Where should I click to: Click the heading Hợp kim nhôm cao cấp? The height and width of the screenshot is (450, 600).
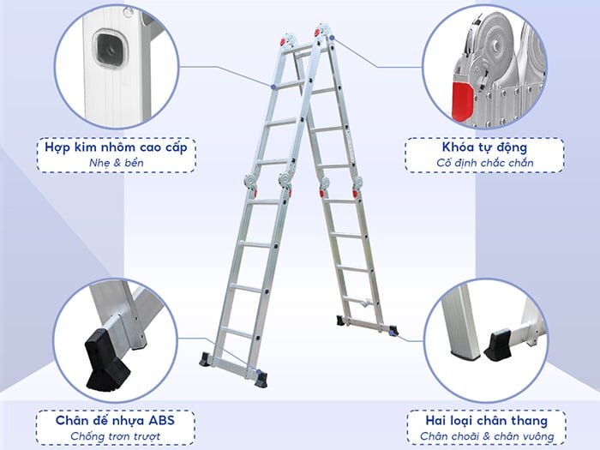[116, 147]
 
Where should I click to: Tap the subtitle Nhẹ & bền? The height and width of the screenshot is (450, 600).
[117, 163]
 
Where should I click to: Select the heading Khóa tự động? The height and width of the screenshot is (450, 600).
[484, 147]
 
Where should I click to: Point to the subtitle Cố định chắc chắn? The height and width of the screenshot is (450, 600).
[485, 163]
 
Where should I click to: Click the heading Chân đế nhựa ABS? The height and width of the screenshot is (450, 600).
[115, 420]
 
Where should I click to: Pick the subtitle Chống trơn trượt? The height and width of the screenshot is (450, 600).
[115, 436]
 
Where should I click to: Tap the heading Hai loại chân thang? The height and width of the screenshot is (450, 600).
[486, 421]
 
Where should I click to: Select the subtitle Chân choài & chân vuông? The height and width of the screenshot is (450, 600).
[487, 436]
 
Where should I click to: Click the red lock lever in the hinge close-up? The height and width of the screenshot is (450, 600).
[463, 101]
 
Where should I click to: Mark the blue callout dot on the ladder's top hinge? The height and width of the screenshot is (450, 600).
[333, 38]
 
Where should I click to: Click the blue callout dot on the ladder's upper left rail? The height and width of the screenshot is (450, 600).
[273, 87]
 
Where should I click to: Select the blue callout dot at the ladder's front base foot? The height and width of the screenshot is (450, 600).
[257, 371]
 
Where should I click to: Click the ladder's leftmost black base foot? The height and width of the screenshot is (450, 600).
[206, 360]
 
